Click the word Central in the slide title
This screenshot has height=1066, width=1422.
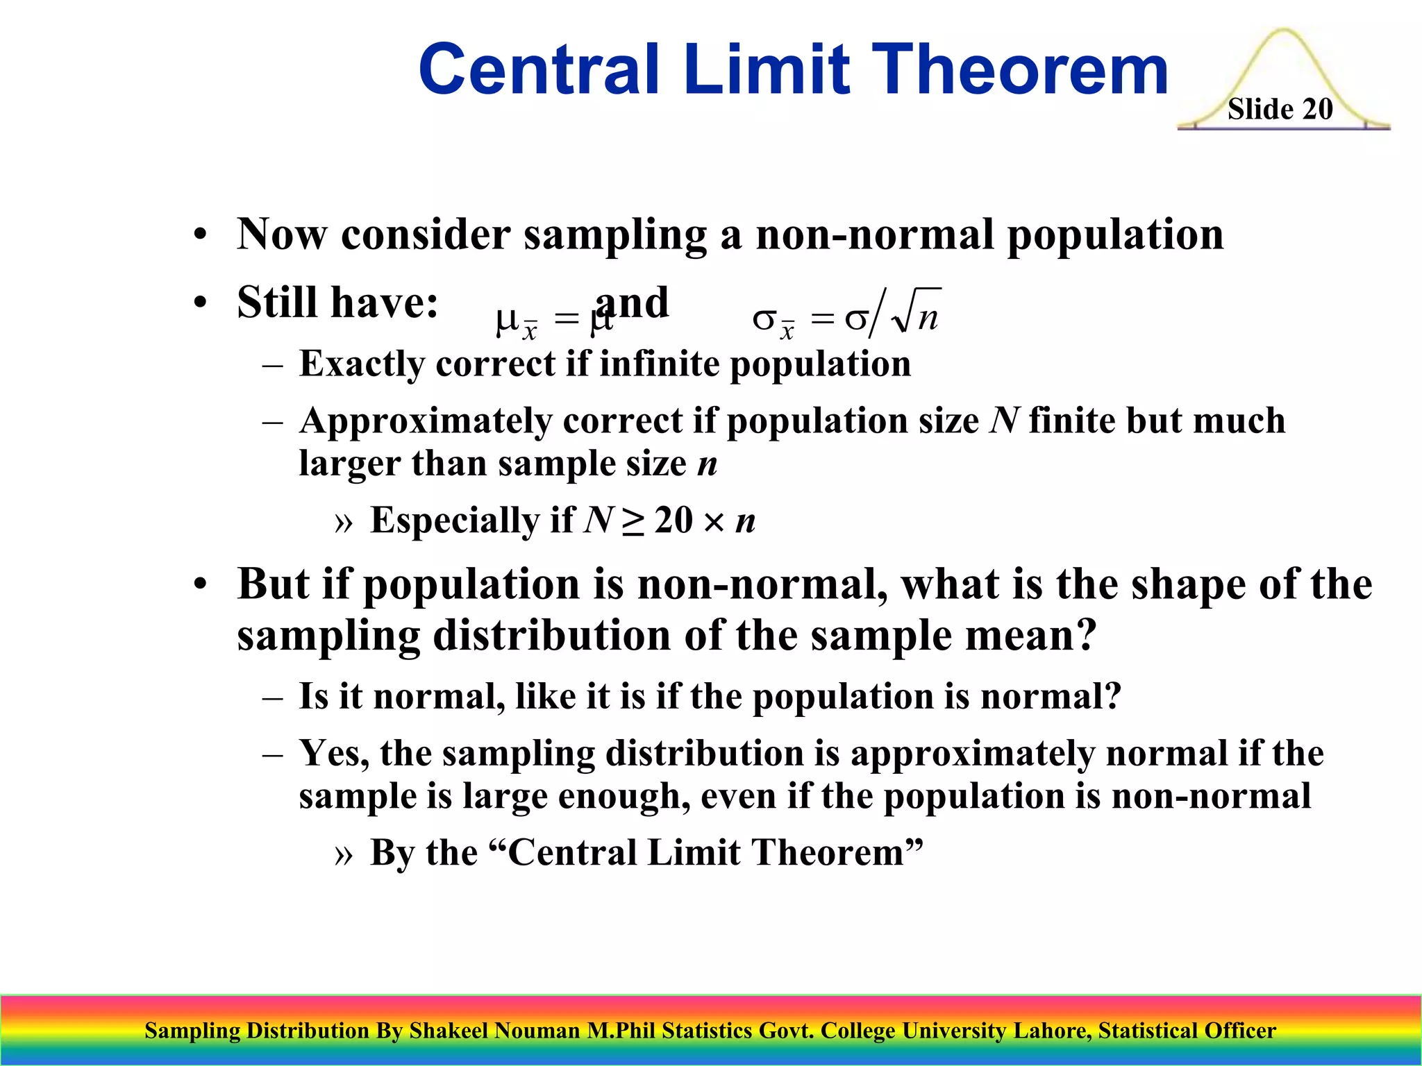coord(539,69)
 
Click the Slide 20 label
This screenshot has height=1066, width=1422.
coord(1280,109)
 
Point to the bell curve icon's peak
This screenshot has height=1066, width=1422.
coord(1283,32)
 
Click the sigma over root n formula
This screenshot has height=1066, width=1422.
coord(846,316)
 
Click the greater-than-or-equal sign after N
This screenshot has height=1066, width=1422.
coord(632,521)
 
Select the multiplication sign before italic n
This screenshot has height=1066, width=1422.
coord(714,521)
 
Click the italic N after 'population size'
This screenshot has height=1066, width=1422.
coord(1004,421)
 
